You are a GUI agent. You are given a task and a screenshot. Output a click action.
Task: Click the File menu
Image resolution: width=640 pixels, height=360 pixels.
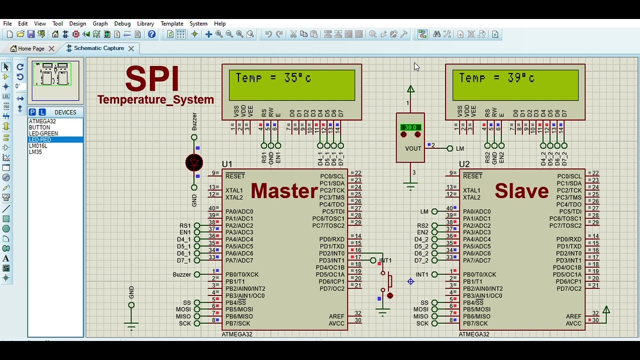(7, 23)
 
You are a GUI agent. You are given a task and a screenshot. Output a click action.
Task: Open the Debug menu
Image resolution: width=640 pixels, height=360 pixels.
(122, 23)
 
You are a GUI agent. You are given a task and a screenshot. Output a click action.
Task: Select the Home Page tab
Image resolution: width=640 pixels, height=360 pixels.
(31, 48)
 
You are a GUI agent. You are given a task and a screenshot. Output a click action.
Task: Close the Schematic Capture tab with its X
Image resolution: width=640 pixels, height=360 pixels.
(131, 48)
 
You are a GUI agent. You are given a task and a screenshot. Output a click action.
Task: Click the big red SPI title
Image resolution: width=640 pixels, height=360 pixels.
(152, 78)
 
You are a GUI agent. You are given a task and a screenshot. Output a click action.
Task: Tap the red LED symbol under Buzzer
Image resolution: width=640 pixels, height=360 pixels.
(194, 162)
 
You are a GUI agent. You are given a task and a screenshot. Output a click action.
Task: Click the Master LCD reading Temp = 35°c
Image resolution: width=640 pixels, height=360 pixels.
(292, 85)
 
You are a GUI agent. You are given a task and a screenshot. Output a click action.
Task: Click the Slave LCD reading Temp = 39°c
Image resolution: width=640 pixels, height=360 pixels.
(515, 85)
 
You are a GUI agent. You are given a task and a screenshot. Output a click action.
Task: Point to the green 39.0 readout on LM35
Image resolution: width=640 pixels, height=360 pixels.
(410, 127)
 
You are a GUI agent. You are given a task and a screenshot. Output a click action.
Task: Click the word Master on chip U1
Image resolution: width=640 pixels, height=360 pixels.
(284, 191)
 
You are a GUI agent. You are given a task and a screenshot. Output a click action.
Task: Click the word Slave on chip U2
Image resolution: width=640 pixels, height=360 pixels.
(521, 191)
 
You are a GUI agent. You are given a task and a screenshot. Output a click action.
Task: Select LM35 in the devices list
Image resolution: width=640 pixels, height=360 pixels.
(35, 152)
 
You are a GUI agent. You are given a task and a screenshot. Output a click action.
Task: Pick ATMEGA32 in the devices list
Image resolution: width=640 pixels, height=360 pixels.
(42, 121)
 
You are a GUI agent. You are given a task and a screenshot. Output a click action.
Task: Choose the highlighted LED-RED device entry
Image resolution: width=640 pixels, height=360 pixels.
(40, 140)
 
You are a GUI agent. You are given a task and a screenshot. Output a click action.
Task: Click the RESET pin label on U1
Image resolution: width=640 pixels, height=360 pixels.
(235, 176)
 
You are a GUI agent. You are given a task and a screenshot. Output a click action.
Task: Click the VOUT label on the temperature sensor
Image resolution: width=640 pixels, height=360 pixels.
(413, 148)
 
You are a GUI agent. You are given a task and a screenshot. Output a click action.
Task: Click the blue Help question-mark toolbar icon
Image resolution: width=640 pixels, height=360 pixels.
(151, 34)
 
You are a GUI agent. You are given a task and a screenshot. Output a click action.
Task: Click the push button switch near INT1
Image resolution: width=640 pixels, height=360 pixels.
(388, 281)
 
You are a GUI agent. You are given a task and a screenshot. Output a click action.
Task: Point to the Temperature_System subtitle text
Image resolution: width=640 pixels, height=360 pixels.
(155, 99)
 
